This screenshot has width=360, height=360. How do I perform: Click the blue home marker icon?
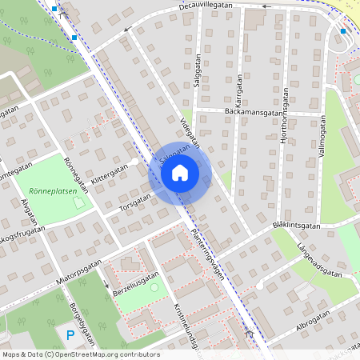(180, 172)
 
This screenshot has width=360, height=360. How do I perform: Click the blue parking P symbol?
(70, 335)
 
